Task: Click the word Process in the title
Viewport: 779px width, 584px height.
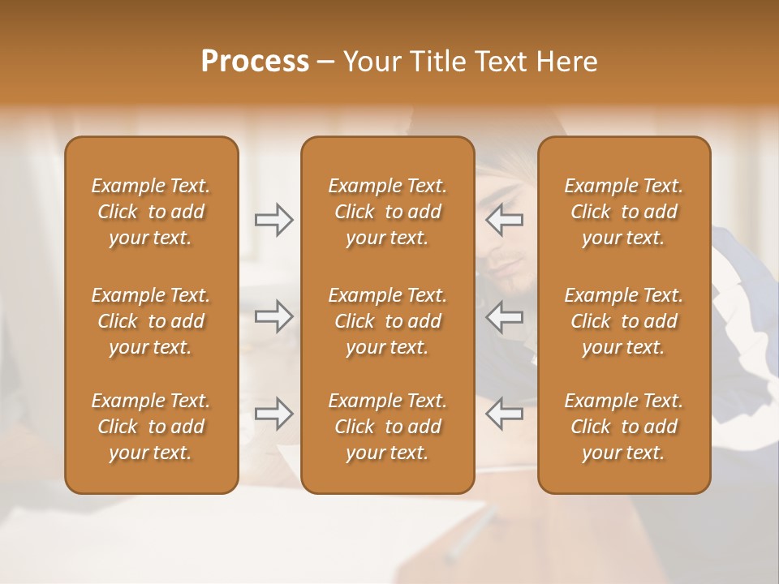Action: [255, 62]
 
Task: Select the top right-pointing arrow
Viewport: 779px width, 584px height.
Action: [274, 220]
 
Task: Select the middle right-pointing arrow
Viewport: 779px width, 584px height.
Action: [274, 316]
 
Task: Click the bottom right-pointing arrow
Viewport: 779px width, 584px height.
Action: [274, 414]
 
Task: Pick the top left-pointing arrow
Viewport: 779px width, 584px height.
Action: [504, 220]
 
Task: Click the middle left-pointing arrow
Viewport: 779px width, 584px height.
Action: [504, 316]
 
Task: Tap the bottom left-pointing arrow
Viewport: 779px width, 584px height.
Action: [504, 414]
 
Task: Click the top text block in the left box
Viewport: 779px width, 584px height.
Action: [151, 212]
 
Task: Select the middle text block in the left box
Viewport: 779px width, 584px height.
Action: [151, 321]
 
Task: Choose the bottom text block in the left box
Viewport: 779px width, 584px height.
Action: [151, 427]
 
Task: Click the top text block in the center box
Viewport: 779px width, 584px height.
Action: [388, 212]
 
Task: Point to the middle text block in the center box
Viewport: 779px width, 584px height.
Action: [388, 321]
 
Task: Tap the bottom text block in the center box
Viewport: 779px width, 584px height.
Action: [388, 427]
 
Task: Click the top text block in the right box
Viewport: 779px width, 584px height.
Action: [624, 212]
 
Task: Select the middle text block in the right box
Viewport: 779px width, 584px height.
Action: [624, 321]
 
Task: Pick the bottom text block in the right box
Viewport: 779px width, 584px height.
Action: [624, 427]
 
